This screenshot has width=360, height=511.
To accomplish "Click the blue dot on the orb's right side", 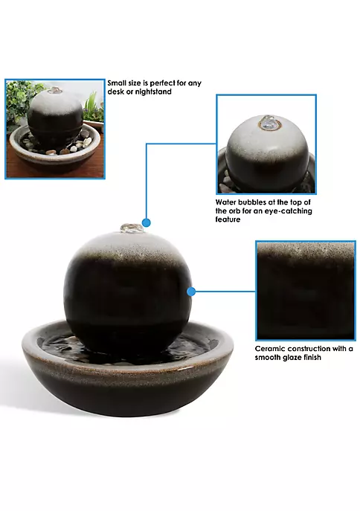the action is pyautogui.click(x=191, y=292).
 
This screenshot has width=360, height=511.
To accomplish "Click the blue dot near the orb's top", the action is pyautogui.click(x=147, y=223).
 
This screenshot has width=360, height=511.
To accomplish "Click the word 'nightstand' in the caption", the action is pyautogui.click(x=153, y=92).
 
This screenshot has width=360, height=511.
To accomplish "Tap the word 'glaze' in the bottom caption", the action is pyautogui.click(x=289, y=358).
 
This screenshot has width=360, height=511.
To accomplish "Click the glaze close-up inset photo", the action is pyautogui.click(x=305, y=291).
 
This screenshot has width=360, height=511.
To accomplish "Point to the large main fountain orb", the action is pyautogui.click(x=127, y=290).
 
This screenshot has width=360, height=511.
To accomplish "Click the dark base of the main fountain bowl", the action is pyautogui.click(x=128, y=396).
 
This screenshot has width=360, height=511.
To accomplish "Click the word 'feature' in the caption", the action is pyautogui.click(x=228, y=219).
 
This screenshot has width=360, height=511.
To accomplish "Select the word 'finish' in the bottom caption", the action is pyautogui.click(x=311, y=358).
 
